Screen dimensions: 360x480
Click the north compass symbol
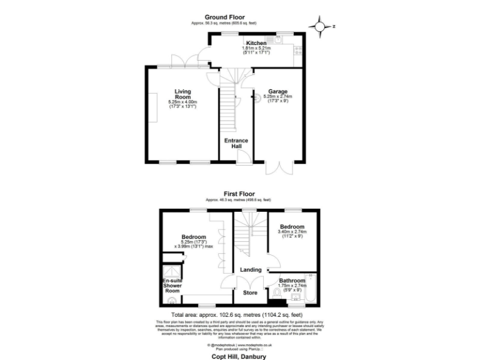[x=321, y=27]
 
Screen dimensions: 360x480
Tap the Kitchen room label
[x=256, y=43]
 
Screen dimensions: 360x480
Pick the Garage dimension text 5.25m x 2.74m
[x=278, y=97]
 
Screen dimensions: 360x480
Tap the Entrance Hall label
[x=236, y=143]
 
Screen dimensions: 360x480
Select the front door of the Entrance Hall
[x=242, y=163]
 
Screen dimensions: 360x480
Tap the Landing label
[x=250, y=270]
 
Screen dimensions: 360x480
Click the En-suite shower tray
[x=170, y=272]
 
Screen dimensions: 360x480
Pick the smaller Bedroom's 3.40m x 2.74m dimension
[x=292, y=232]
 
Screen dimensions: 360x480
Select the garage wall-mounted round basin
[x=256, y=97]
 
